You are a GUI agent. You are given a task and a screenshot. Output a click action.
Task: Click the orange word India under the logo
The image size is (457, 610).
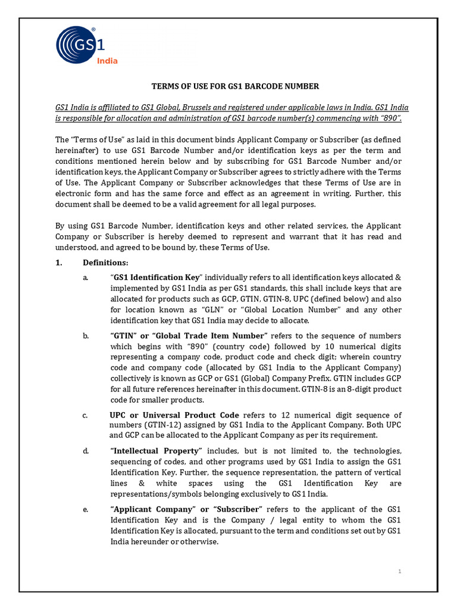[107, 61]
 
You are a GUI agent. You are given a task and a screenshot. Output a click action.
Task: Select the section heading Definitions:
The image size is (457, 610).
[105, 263]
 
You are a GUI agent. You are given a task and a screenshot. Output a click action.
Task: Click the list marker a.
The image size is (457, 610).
[86, 278]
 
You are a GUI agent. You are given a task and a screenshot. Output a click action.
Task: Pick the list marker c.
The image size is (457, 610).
[86, 415]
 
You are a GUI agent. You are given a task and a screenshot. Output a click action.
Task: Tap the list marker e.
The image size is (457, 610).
[86, 510]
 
